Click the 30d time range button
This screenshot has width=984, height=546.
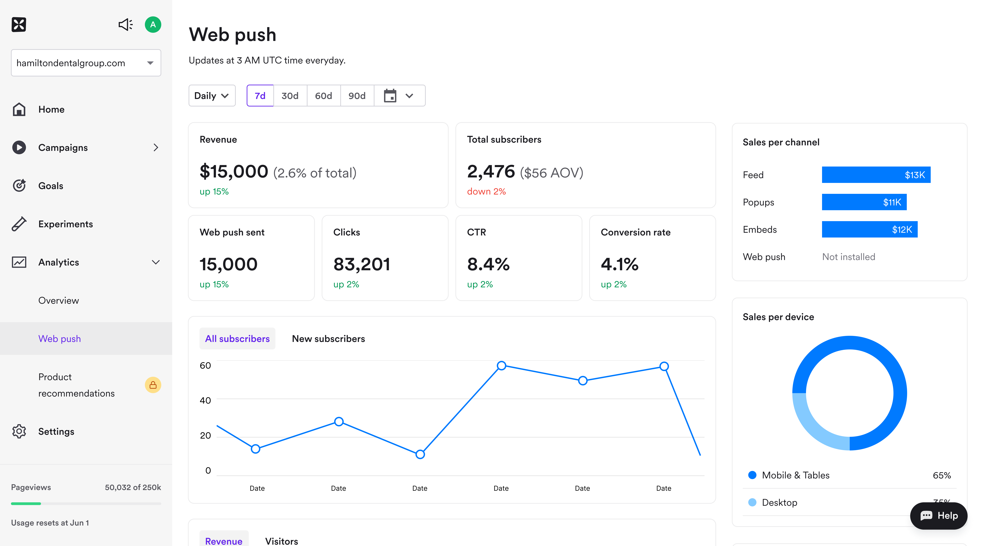[290, 96]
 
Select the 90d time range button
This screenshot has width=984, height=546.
[357, 96]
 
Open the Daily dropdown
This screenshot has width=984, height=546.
[212, 96]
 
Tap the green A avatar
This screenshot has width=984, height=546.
[153, 25]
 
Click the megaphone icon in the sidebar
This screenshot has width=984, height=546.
[125, 25]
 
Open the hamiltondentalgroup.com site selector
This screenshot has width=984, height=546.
[86, 63]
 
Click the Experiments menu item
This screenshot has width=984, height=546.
[65, 224]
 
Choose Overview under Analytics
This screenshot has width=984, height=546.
[58, 301]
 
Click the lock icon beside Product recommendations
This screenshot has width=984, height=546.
[153, 385]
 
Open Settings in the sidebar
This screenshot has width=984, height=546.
[56, 432]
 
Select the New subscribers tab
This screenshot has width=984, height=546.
[328, 339]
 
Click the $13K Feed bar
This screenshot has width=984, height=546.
[876, 175]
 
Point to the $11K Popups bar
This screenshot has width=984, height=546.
[864, 202]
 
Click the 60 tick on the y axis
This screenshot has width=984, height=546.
[206, 365]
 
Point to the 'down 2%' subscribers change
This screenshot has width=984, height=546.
[486, 192]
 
